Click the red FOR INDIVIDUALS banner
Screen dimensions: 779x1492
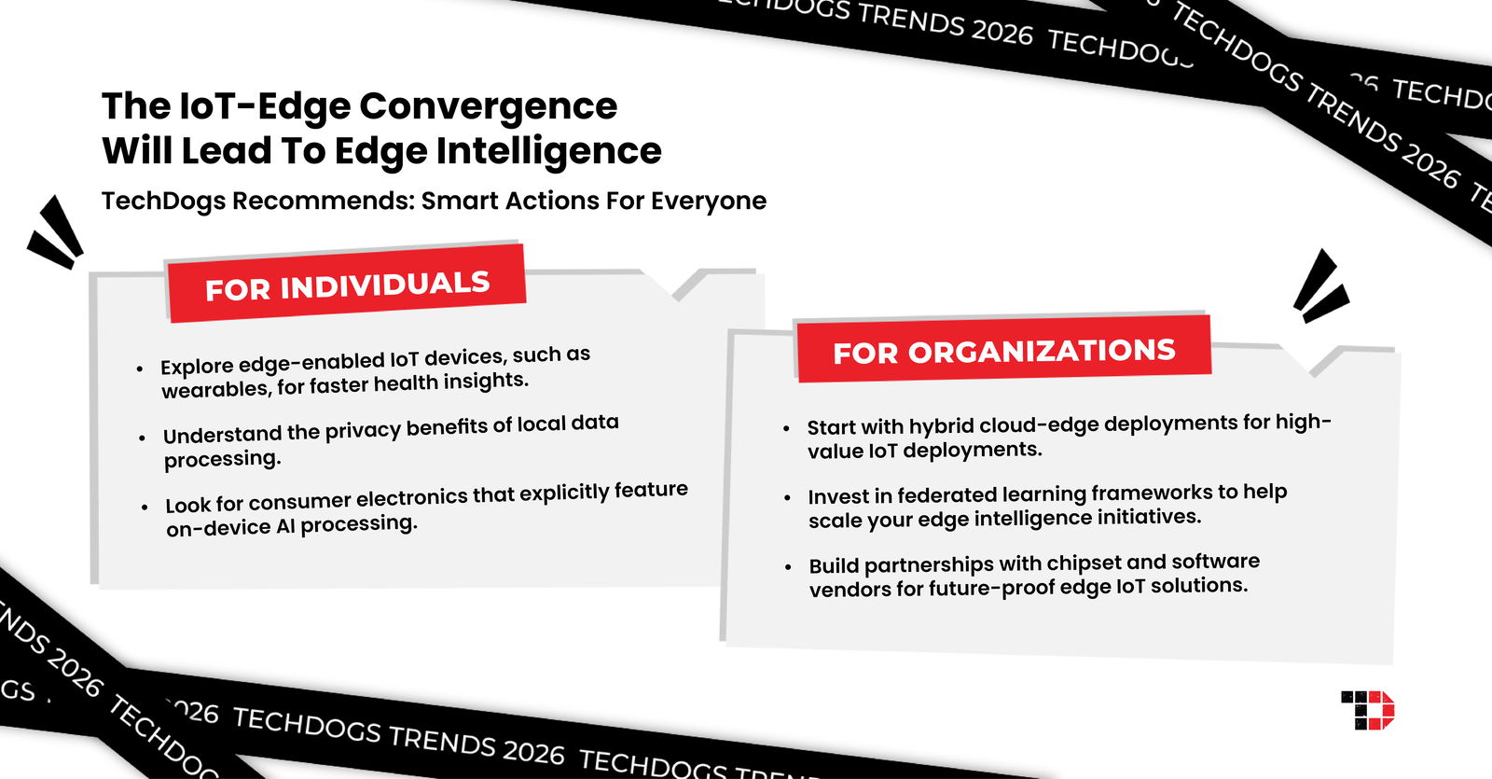tap(346, 285)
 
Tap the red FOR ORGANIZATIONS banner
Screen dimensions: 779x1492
tap(1003, 350)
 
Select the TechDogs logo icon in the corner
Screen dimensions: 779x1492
tap(1368, 710)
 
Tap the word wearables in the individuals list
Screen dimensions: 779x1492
tap(215, 389)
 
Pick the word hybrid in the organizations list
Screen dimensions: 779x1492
tap(943, 426)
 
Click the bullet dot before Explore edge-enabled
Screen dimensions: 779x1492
tap(140, 369)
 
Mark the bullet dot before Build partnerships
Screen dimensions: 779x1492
tap(789, 567)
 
